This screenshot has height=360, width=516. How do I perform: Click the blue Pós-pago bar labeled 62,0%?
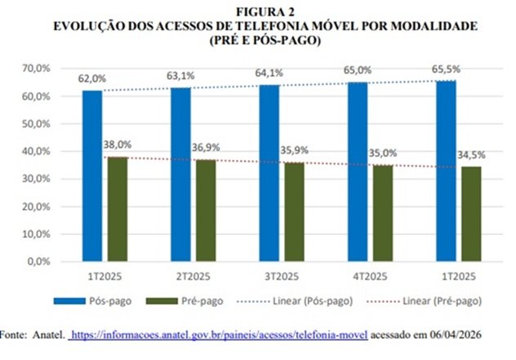tap(92, 176)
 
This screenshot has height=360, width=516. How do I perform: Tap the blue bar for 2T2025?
tap(180, 175)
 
